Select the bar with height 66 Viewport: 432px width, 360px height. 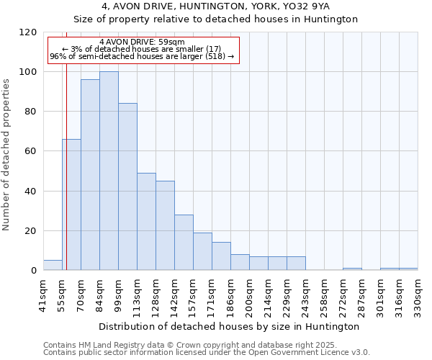click(x=71, y=205)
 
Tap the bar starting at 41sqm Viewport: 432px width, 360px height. click(x=53, y=265)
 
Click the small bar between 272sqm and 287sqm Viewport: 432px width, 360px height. click(x=352, y=269)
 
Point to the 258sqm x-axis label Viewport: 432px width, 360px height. click(x=324, y=295)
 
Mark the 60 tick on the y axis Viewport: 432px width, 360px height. click(x=32, y=151)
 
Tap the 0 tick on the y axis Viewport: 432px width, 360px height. click(x=34, y=271)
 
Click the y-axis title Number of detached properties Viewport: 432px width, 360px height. click(x=7, y=155)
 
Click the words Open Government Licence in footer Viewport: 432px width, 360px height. click(x=317, y=352)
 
